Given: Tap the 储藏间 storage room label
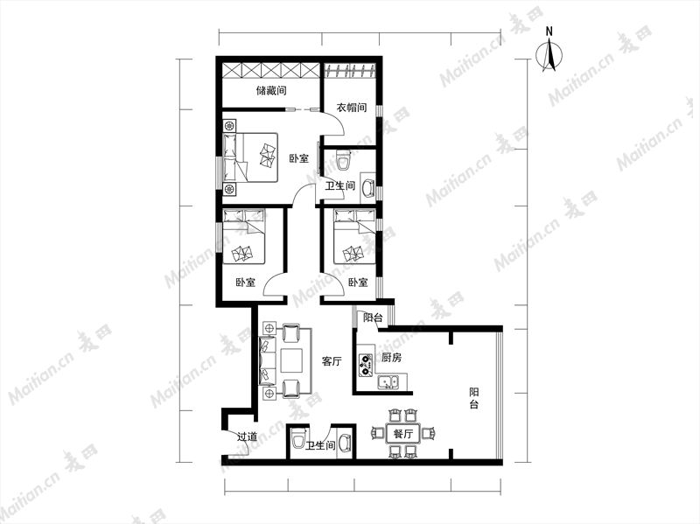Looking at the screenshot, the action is (271, 91).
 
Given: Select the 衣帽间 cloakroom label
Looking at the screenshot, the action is (352, 108).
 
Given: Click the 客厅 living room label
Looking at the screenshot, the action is (332, 361).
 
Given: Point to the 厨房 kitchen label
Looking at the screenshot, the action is (391, 358).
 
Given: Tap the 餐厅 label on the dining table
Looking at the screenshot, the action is (403, 433).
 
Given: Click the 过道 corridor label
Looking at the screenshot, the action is (247, 437).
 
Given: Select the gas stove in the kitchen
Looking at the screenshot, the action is (366, 364).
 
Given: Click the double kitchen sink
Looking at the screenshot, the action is (388, 382).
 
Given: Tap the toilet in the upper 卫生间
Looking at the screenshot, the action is (343, 160).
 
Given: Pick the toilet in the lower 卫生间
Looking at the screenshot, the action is (297, 439).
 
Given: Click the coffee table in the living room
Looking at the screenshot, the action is (292, 361).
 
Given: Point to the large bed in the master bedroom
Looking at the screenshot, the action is (250, 157).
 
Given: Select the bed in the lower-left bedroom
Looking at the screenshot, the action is (244, 236).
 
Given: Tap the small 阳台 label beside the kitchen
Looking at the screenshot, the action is (373, 318).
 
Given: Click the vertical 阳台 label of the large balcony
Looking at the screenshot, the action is (473, 399).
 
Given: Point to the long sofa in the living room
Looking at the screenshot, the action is (267, 361).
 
